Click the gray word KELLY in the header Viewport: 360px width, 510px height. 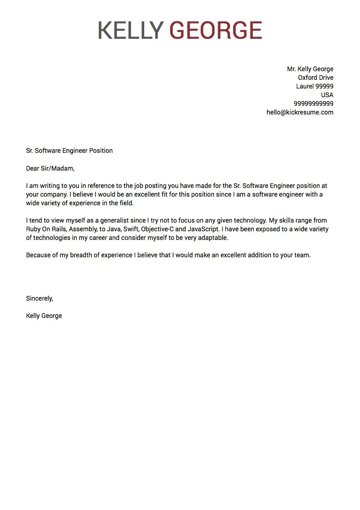point(130,31)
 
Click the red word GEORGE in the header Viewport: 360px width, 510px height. point(216,31)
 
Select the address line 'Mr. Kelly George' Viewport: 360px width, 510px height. point(310,69)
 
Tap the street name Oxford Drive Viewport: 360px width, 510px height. point(315,78)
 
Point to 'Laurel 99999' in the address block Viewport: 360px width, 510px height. point(314,86)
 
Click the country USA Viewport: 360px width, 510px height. point(327,95)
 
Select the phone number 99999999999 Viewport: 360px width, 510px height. point(313,104)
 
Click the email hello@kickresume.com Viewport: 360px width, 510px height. point(300,112)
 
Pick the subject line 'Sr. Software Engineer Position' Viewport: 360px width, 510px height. point(69,151)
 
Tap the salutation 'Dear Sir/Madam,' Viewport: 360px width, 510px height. point(50,168)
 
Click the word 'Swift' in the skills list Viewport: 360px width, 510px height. point(131,229)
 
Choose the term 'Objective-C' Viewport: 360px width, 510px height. point(157,229)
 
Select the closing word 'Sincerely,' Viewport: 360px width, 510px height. point(40,298)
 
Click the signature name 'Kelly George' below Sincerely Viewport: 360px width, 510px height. point(44,316)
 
